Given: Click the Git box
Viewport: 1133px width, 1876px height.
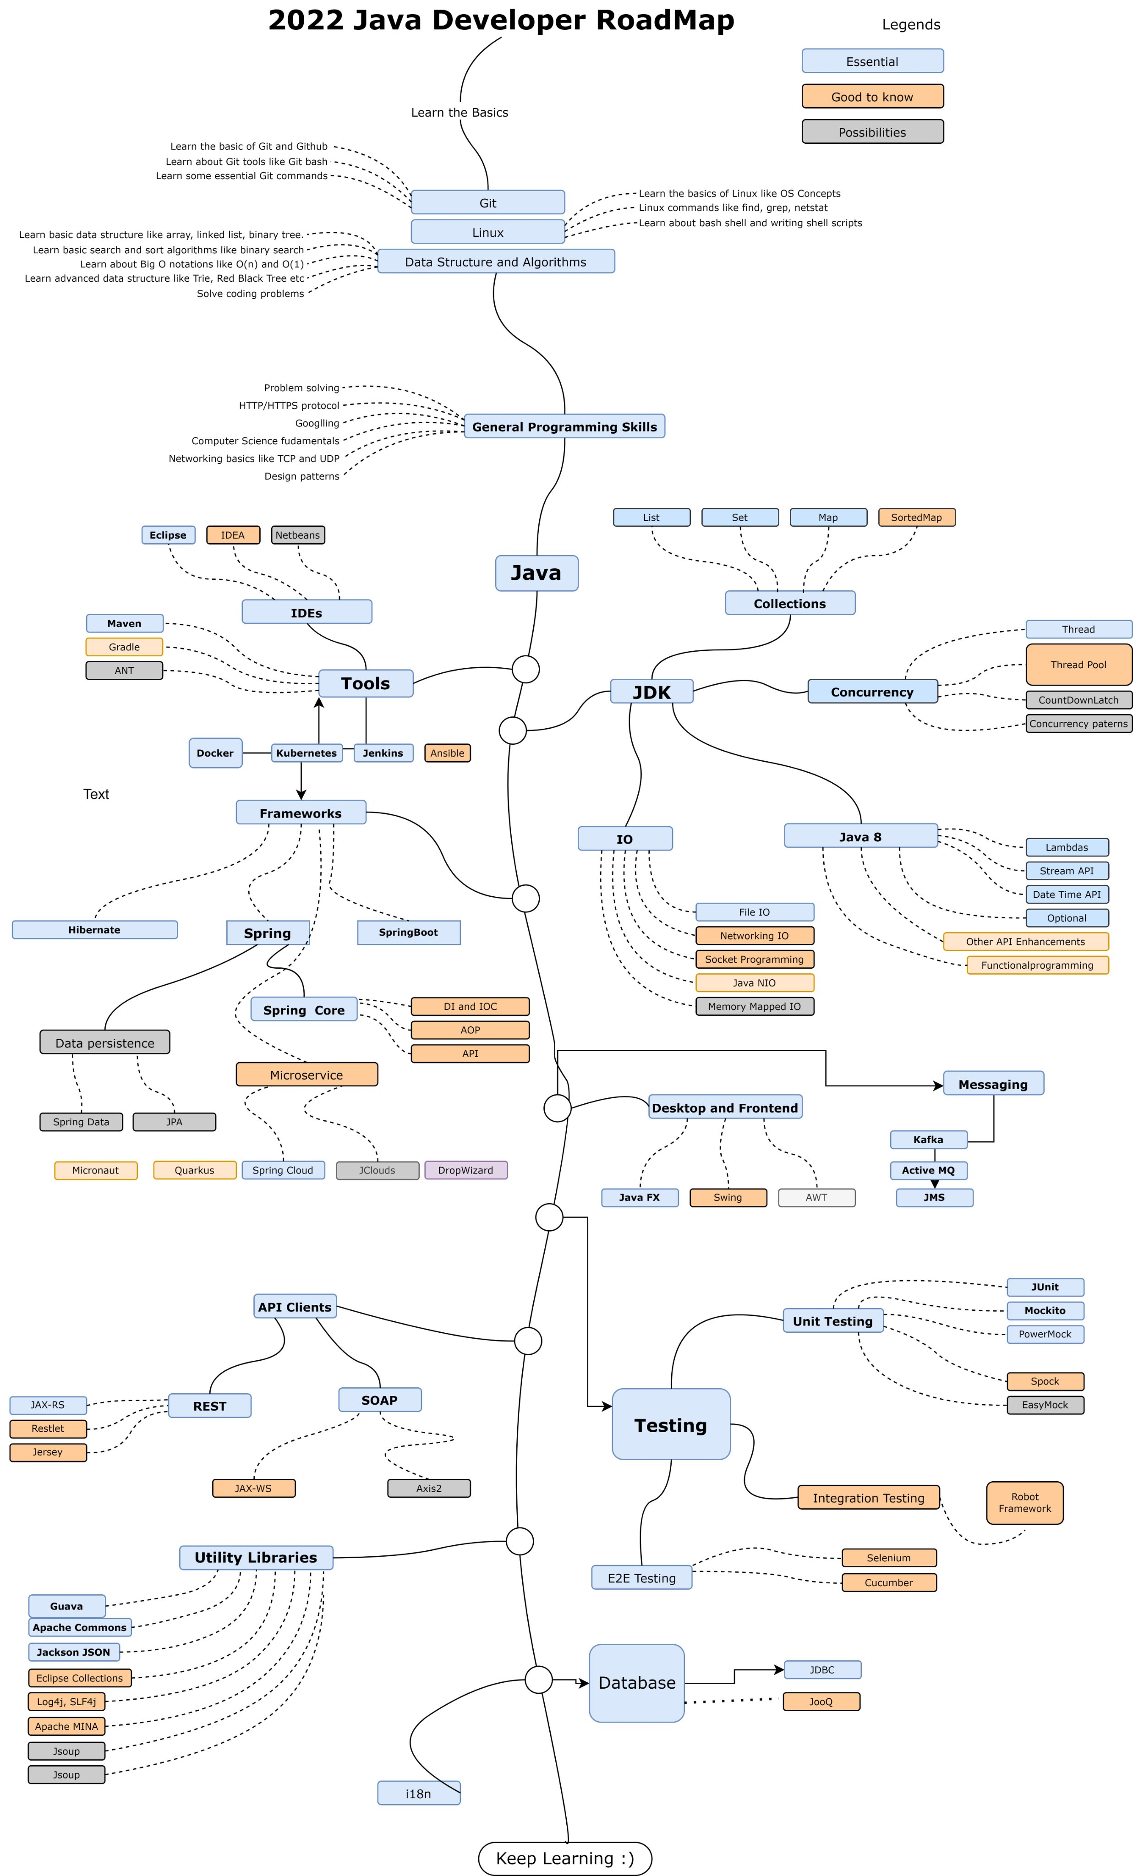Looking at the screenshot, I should tap(487, 202).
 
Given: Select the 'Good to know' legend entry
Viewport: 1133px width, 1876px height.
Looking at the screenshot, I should tap(872, 97).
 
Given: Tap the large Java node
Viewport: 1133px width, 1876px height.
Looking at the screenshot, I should tap(536, 573).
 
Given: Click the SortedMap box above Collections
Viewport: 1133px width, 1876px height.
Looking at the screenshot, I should tap(916, 517).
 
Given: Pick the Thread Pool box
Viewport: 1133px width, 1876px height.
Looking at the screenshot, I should tap(1078, 665).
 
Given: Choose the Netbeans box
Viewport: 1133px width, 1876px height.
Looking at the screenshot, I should tap(298, 535).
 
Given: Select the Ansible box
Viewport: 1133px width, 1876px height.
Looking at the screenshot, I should tap(447, 753).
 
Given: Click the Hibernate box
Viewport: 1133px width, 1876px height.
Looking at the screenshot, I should tap(94, 930).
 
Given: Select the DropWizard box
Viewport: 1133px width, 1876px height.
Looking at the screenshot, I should tap(465, 1170).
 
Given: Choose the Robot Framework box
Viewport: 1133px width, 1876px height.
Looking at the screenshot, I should tap(1024, 1502).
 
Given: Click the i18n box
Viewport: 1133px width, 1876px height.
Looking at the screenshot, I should tap(418, 1794).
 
